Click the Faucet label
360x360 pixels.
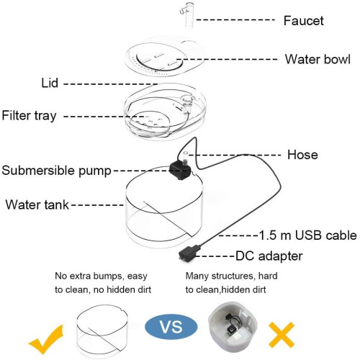303,21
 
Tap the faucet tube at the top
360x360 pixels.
189,15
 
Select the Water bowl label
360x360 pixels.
318,59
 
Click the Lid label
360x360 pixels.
50,83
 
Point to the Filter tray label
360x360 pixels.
29,116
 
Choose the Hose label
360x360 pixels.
302,155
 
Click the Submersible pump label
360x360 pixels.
56,171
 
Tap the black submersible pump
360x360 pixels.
180,170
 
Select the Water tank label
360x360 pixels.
37,205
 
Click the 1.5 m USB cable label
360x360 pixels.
308,235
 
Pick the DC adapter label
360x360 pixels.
269,256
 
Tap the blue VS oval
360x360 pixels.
171,327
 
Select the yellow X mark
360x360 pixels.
282,335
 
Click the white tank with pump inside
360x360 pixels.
233,326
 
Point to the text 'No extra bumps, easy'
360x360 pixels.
101,276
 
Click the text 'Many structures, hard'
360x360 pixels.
231,276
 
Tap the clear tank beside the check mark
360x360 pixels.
102,331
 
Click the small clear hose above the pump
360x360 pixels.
184,157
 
